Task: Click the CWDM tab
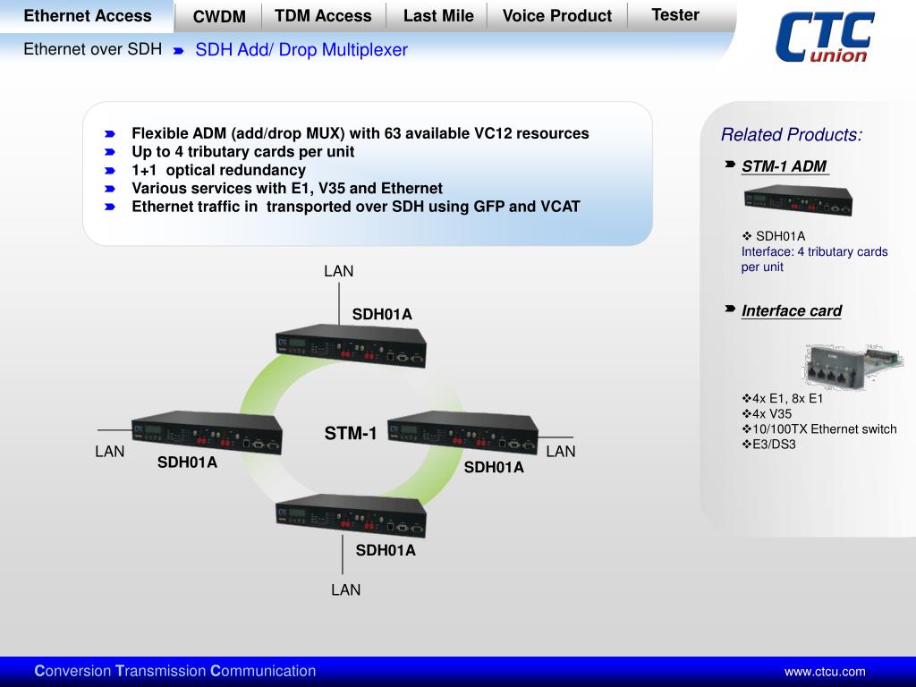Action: pyautogui.click(x=219, y=16)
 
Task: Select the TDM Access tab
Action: pyautogui.click(x=323, y=15)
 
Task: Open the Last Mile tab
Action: pyautogui.click(x=438, y=15)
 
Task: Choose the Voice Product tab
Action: pyautogui.click(x=556, y=15)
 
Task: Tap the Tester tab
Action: pyautogui.click(x=675, y=14)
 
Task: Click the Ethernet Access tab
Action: pyautogui.click(x=88, y=15)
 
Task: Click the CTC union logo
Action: pyautogui.click(x=824, y=38)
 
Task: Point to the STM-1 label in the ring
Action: pyautogui.click(x=351, y=434)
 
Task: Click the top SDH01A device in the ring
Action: pyautogui.click(x=350, y=345)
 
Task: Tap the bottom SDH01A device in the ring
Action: pyautogui.click(x=350, y=514)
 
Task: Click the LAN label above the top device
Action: pyautogui.click(x=339, y=271)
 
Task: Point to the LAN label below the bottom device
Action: pyautogui.click(x=345, y=589)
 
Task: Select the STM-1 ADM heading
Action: pyautogui.click(x=784, y=166)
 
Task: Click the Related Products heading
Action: pyautogui.click(x=792, y=135)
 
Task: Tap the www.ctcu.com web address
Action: pyautogui.click(x=825, y=672)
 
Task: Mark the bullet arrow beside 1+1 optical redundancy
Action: pyautogui.click(x=110, y=170)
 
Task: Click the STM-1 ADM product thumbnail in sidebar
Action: pyautogui.click(x=797, y=201)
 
